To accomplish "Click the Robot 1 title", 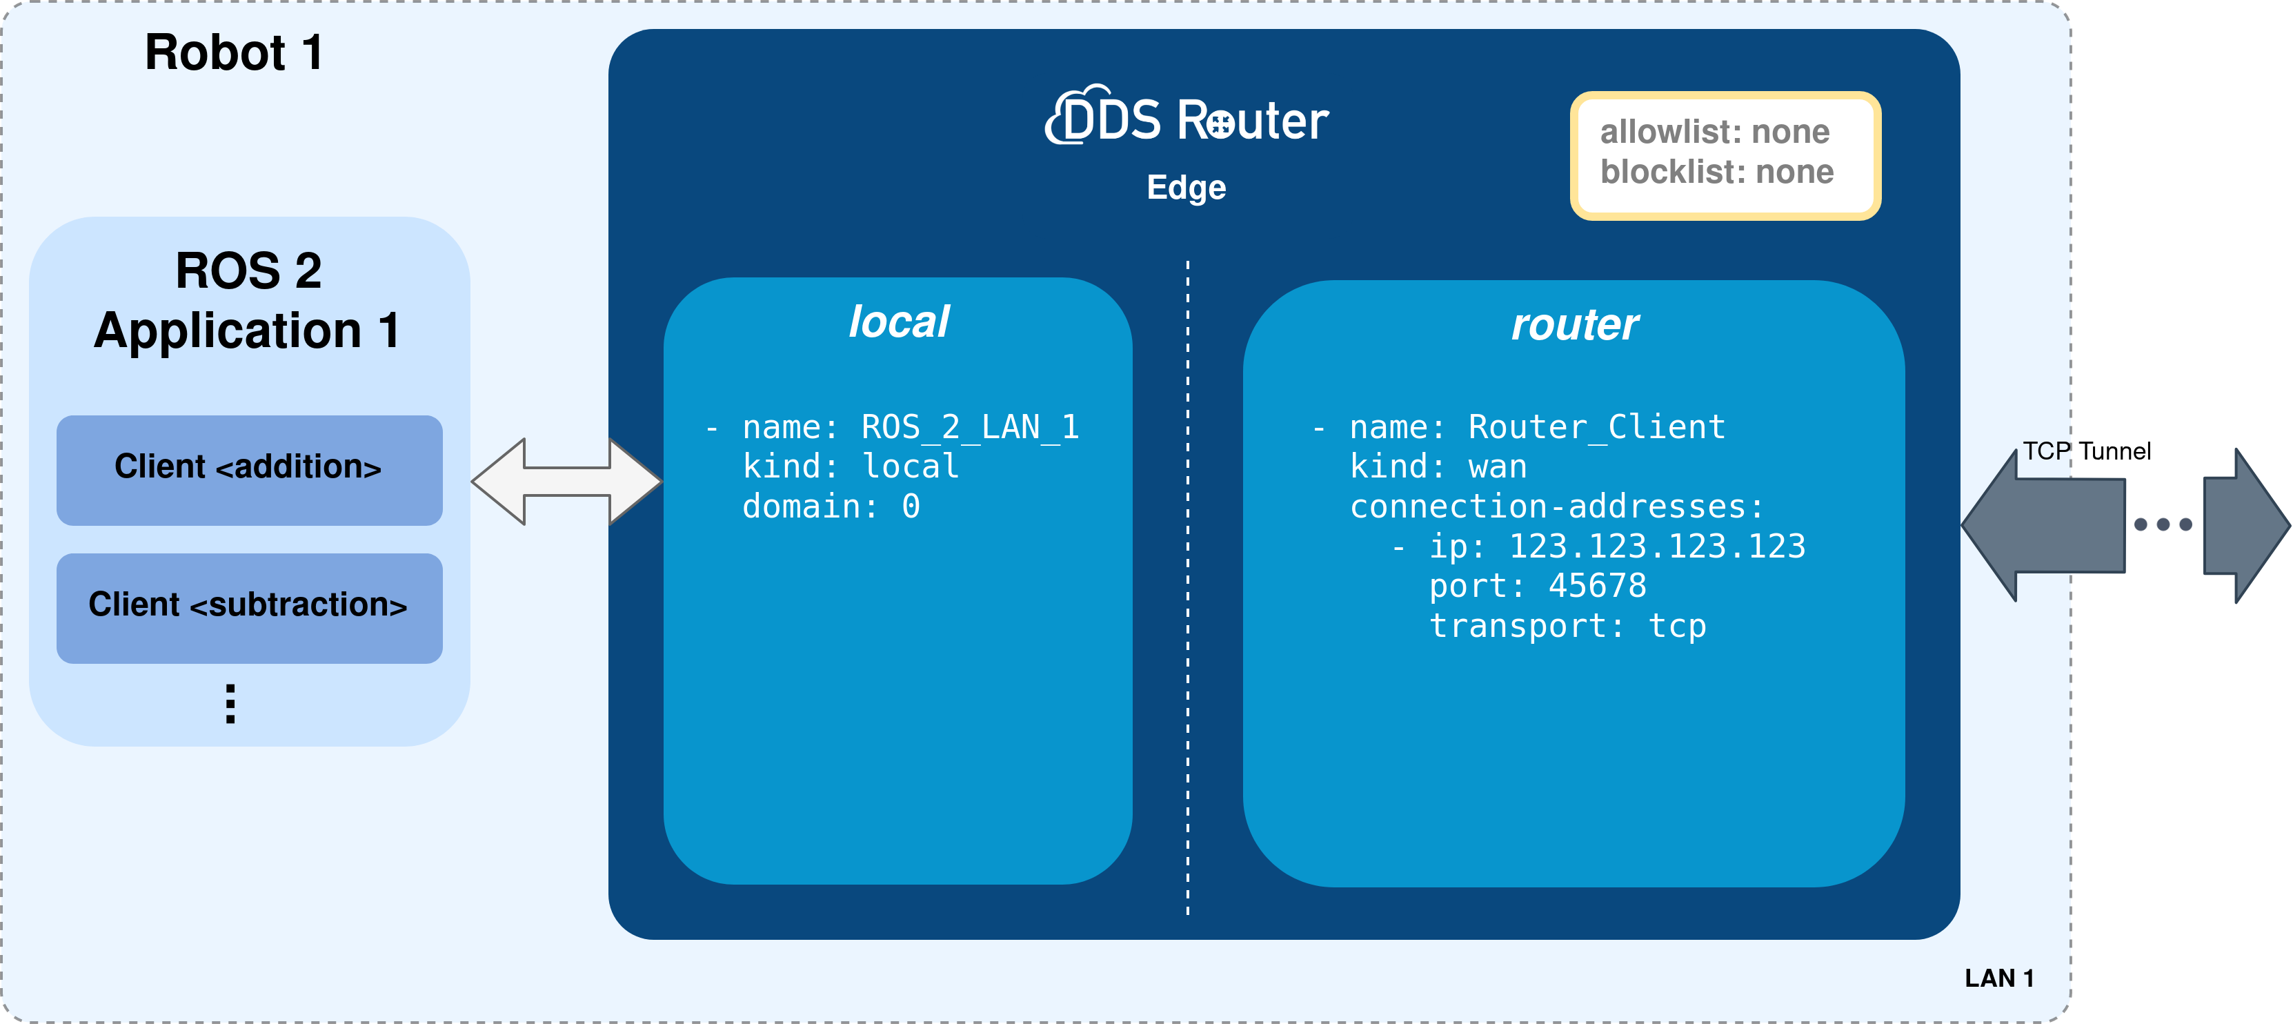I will (233, 52).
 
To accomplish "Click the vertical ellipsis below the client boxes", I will (230, 703).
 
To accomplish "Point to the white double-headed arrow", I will (566, 481).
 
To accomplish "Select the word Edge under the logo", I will (1186, 188).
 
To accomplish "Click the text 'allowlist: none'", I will (1714, 132).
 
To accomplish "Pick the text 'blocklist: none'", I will (1716, 172).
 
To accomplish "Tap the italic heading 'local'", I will (898, 322).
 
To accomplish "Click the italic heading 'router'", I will (1574, 325).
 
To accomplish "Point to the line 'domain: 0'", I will (831, 506).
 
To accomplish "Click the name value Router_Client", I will (1596, 427).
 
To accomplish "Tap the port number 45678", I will (1597, 586).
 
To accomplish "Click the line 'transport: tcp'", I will (1567, 626).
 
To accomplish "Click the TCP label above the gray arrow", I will (2045, 451).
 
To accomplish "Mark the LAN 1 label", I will (1998, 978).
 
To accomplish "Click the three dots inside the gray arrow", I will (2163, 524).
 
